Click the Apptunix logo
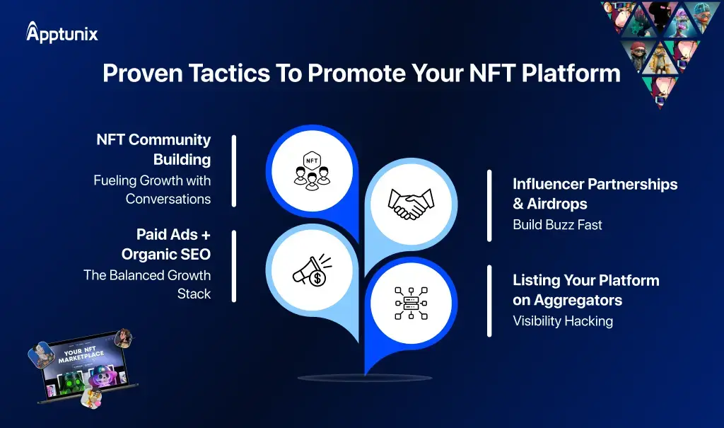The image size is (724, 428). (62, 33)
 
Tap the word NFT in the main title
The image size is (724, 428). (492, 73)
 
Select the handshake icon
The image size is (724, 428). (411, 204)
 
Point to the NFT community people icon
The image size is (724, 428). (312, 170)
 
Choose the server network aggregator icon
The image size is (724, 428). (411, 303)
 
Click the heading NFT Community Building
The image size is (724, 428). (153, 149)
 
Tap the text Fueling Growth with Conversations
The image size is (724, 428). (152, 190)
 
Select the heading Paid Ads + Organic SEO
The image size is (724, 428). (165, 244)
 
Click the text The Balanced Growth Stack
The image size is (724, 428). (147, 284)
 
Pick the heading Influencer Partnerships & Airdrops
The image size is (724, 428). (595, 194)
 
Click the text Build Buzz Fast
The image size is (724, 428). (557, 225)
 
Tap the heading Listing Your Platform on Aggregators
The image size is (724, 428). (586, 290)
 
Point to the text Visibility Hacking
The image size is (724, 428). (563, 321)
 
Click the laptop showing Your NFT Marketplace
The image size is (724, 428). (83, 367)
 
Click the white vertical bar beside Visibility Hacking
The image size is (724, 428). (489, 301)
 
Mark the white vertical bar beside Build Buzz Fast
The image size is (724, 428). (489, 206)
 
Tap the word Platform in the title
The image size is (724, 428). (571, 73)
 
